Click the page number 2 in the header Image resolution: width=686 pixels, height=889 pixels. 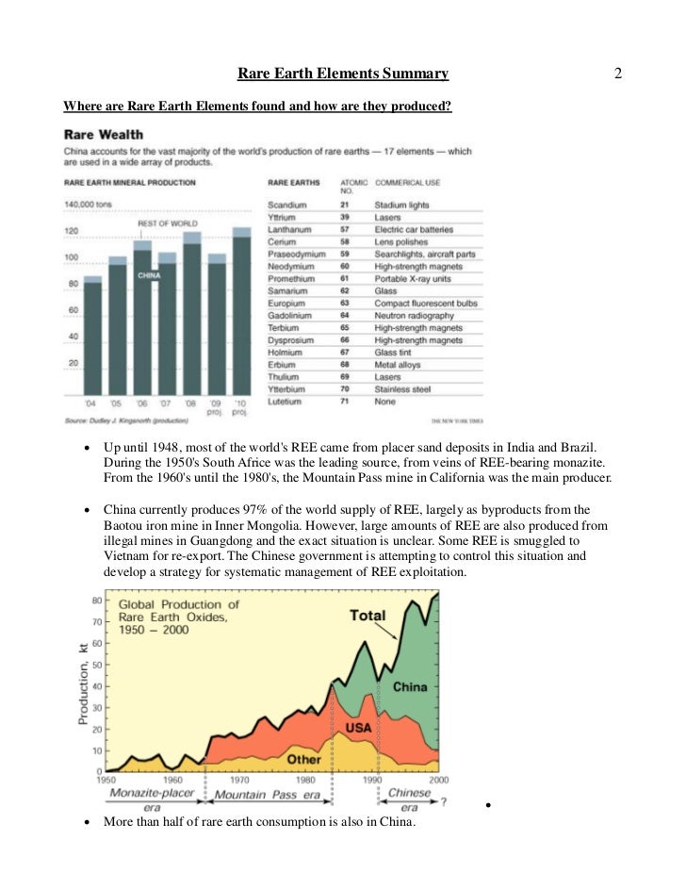click(x=618, y=74)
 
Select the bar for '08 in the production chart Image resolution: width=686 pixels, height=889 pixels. click(x=191, y=316)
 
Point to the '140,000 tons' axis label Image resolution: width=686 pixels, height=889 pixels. click(x=87, y=204)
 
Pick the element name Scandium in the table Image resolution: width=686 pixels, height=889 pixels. click(x=287, y=204)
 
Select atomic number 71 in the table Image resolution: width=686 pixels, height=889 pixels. click(x=344, y=402)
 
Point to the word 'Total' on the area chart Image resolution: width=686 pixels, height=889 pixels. click(x=367, y=616)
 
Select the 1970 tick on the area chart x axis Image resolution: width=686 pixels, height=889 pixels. click(x=240, y=780)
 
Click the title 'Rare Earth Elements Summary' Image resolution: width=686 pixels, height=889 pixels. click(x=342, y=74)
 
